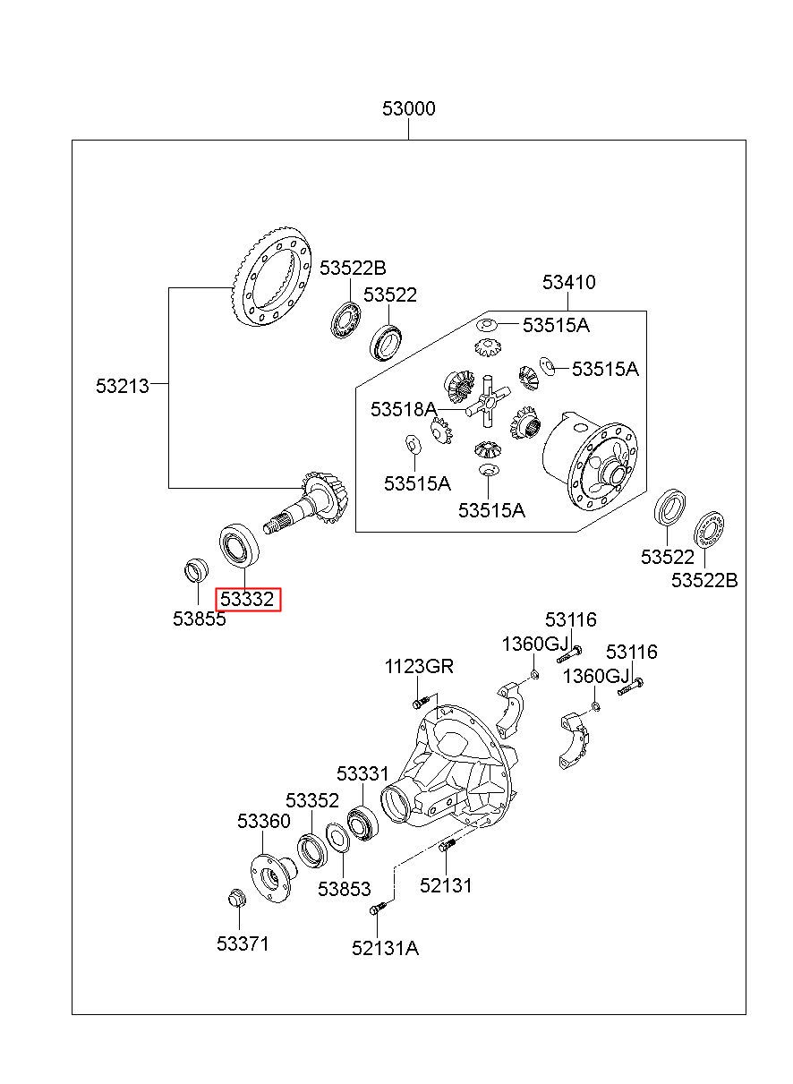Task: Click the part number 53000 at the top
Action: click(x=409, y=108)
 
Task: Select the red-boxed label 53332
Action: click(x=247, y=600)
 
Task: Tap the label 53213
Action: click(x=123, y=386)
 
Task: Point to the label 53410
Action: click(x=568, y=282)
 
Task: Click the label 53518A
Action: click(x=404, y=409)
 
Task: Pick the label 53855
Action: click(x=200, y=619)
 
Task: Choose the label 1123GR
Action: click(x=419, y=666)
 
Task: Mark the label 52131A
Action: click(x=385, y=948)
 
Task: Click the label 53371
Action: click(x=243, y=943)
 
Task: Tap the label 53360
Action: click(x=264, y=821)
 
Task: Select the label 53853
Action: click(x=344, y=889)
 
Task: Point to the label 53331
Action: click(x=362, y=773)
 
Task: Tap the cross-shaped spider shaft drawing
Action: click(x=489, y=400)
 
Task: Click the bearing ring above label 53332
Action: click(x=240, y=544)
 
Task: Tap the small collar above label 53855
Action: click(x=197, y=570)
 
